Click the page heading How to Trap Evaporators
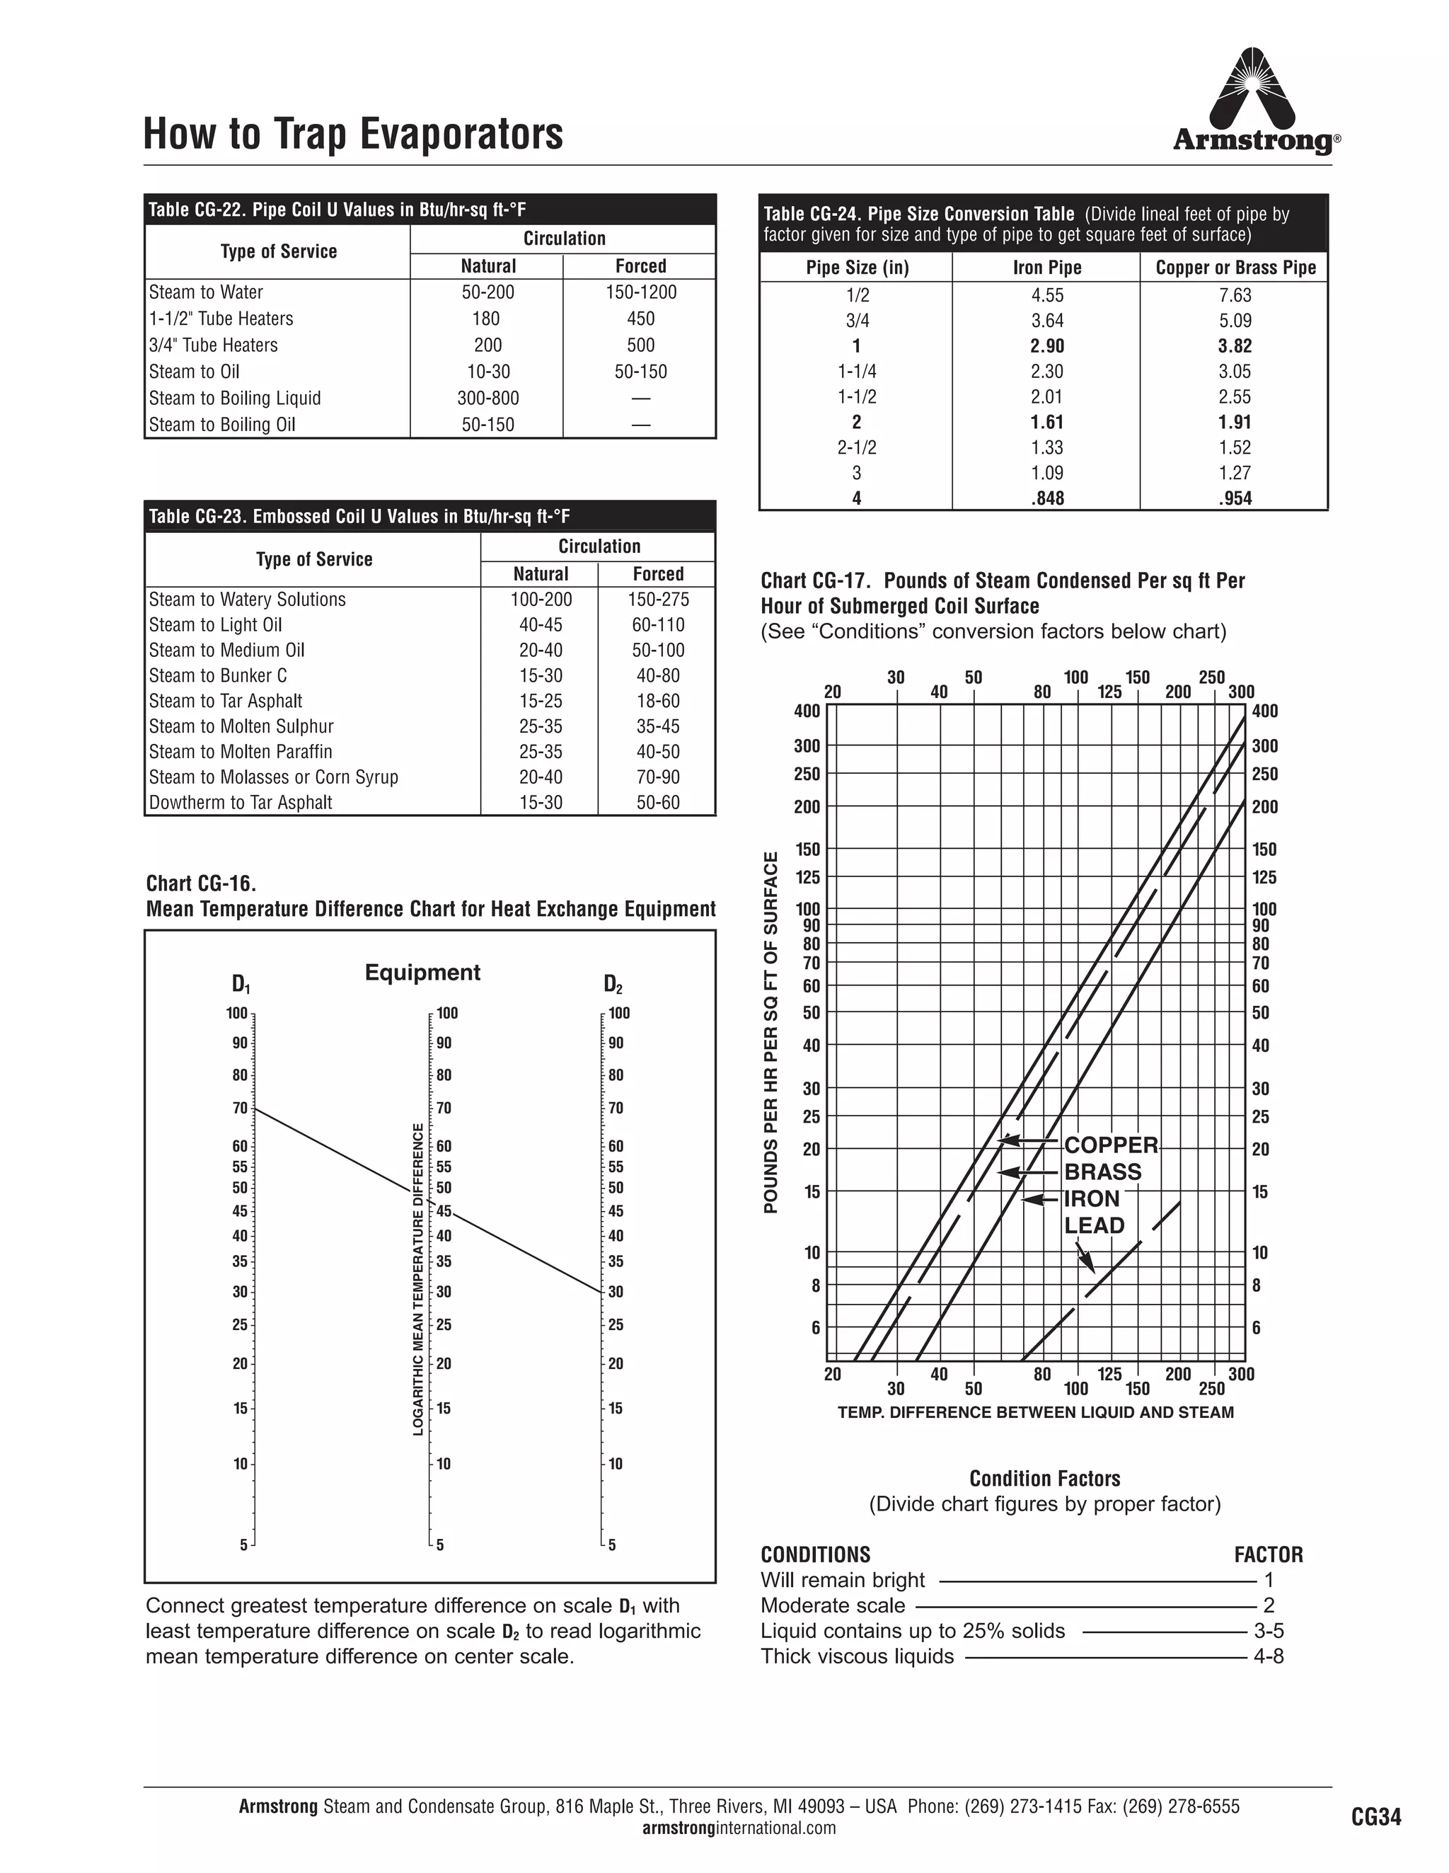coord(353,134)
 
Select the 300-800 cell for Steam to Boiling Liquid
coord(488,398)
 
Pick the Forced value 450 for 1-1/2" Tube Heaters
coord(640,319)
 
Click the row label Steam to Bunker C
coord(218,676)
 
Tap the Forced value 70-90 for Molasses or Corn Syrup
coord(657,777)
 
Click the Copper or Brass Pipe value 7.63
coord(1235,295)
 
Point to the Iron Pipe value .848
coord(1047,498)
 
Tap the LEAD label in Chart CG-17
coord(1094,1225)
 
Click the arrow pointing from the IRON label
coord(1040,1199)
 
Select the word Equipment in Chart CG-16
coord(422,973)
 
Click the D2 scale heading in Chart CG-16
coord(612,984)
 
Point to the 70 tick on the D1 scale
coord(241,1109)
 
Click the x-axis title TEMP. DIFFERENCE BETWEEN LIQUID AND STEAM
coord(1036,1412)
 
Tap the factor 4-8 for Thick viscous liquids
coord(1268,1656)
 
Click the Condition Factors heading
coord(1044,1479)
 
